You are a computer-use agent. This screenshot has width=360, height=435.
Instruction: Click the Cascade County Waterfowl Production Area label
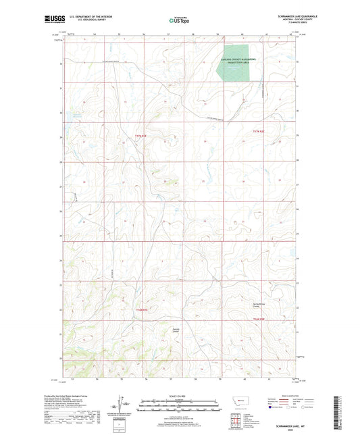(x=237, y=61)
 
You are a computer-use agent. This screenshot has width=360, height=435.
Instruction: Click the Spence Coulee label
(x=175, y=330)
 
